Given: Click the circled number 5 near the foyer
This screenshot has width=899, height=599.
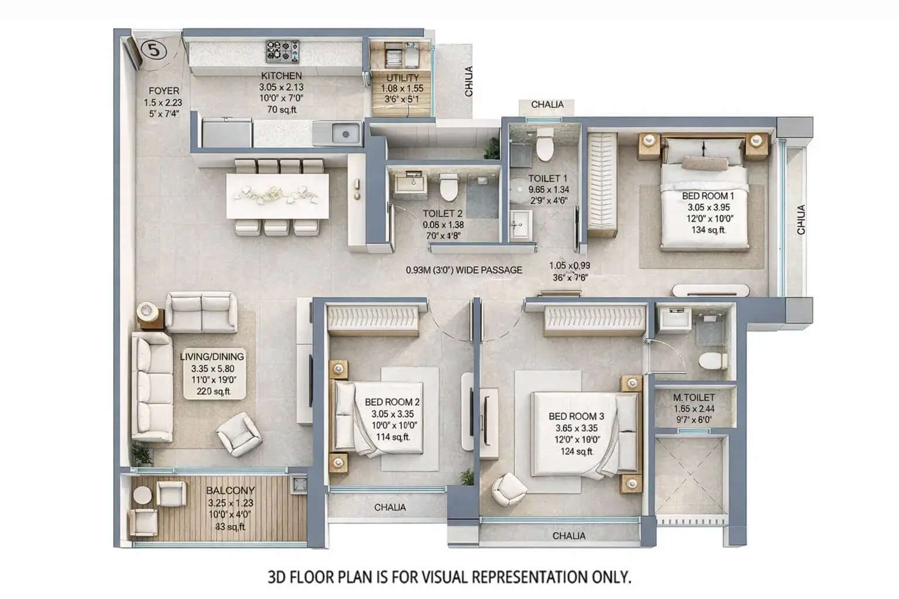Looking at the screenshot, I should tap(155, 50).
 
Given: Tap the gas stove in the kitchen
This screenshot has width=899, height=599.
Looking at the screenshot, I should tap(283, 51).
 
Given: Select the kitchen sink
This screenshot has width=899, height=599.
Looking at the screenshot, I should tap(345, 135).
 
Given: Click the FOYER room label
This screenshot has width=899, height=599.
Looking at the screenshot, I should tap(164, 91).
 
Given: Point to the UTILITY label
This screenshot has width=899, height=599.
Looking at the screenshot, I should tap(403, 78).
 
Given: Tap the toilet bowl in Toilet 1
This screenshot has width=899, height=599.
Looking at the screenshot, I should tap(544, 146).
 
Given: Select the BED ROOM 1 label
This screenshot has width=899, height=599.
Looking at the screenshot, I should tap(708, 196).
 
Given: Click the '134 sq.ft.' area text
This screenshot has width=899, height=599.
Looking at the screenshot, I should tap(708, 230).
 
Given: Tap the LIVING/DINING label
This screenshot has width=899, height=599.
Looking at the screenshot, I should tap(212, 356).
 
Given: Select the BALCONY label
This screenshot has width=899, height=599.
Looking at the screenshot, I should tap(231, 491).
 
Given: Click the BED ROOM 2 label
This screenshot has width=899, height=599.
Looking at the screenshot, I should tap(392, 402).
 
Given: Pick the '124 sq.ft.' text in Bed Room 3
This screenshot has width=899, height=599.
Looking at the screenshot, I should tap(577, 452).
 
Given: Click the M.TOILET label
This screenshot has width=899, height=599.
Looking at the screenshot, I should tap(694, 397).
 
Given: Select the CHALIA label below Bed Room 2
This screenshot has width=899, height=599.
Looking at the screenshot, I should tap(390, 507).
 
